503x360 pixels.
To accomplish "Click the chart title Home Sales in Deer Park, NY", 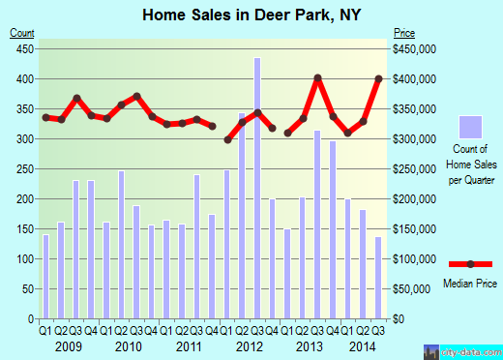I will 251,14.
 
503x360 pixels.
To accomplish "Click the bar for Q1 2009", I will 44,276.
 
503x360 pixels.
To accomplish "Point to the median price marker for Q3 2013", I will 316,77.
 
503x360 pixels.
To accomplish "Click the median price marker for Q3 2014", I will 378,78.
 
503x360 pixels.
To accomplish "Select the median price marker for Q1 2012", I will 228,139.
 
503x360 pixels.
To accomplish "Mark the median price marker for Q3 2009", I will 76,99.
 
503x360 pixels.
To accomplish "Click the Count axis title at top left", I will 21,33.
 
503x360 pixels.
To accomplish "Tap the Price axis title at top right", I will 403,33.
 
